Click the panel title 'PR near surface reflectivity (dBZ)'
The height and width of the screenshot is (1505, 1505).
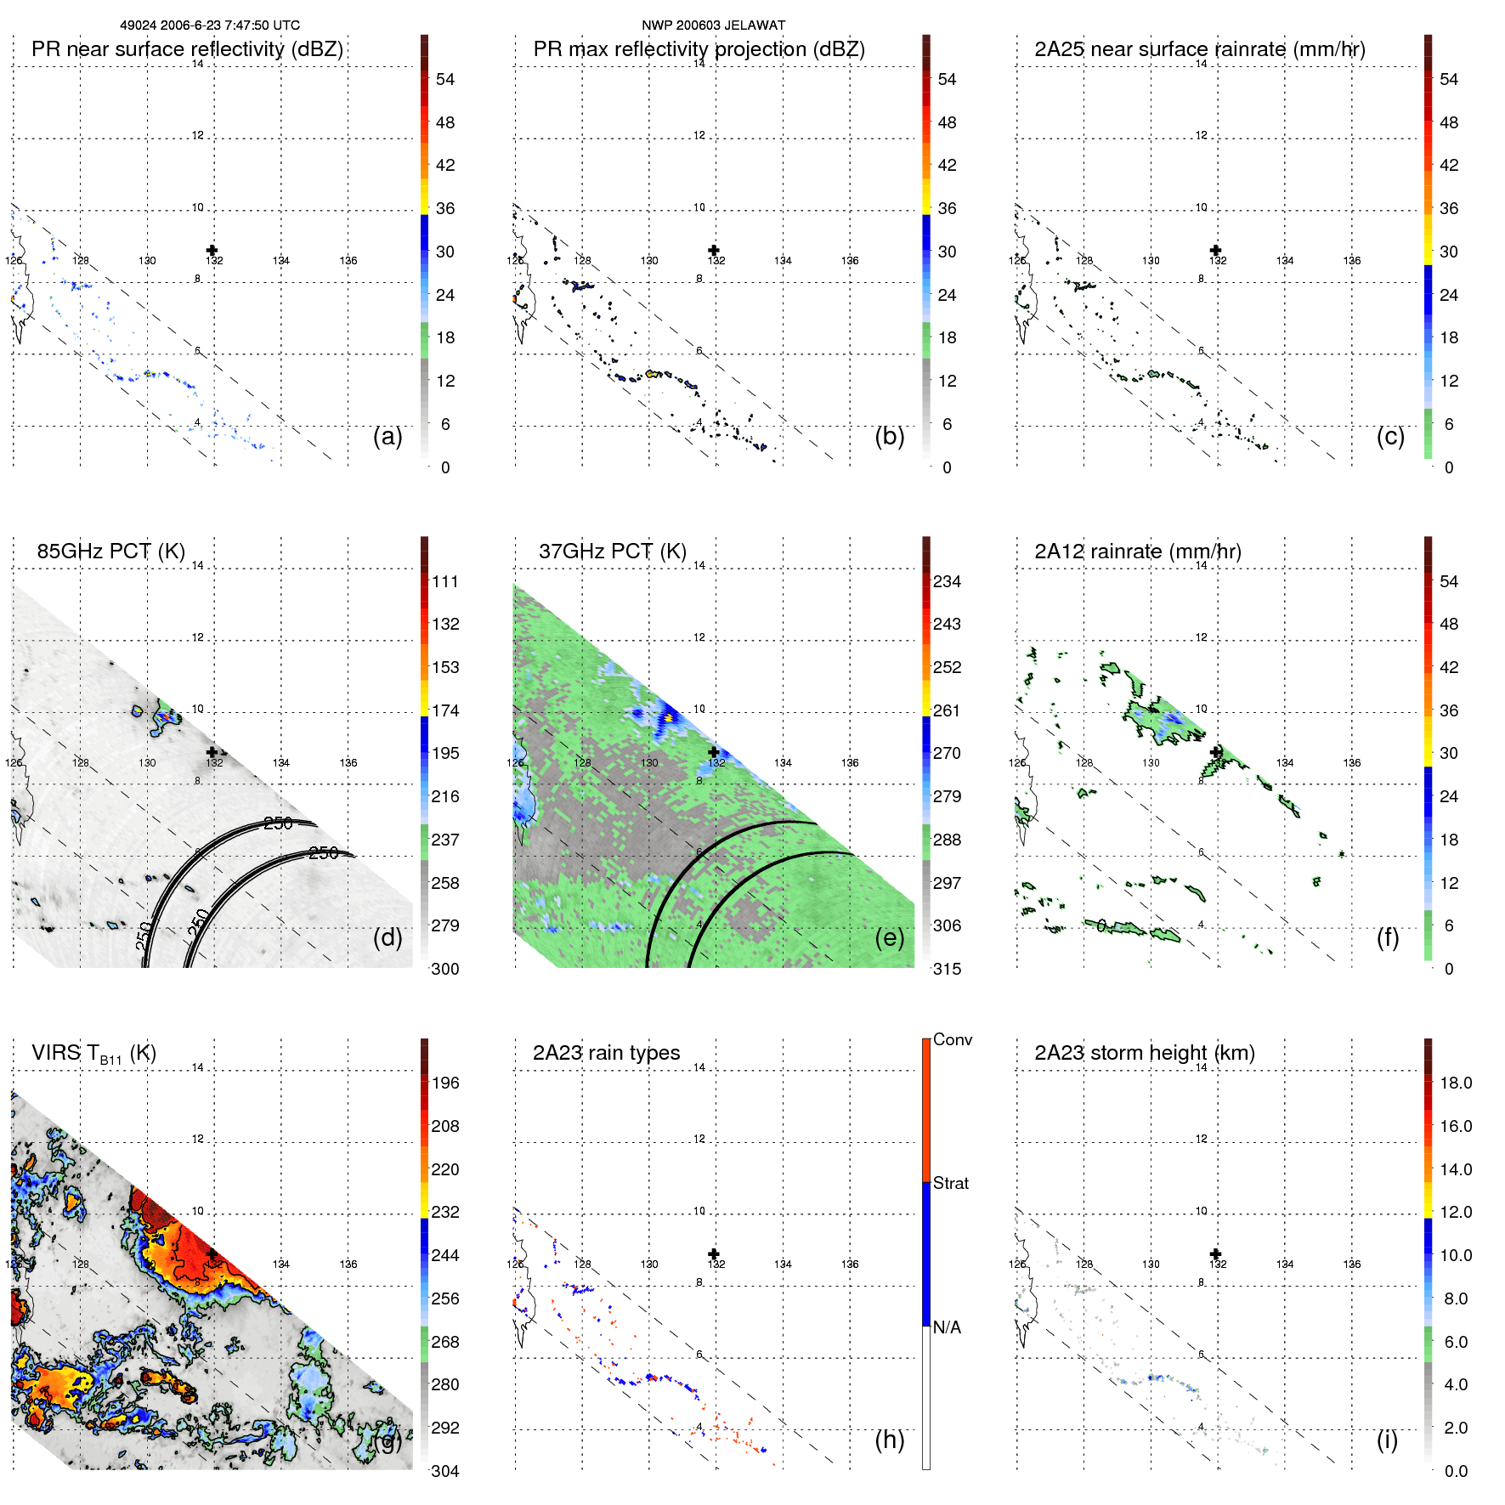pos(187,49)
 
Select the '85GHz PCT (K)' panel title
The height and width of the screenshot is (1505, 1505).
pos(110,552)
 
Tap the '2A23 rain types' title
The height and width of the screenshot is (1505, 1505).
pos(606,1053)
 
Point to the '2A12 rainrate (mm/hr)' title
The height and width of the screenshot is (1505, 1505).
pos(1137,552)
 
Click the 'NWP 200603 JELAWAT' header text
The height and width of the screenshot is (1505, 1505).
pos(713,25)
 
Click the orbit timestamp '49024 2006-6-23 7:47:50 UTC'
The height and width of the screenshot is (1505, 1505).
pos(209,25)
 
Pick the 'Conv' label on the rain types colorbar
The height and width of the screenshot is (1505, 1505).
pos(952,1039)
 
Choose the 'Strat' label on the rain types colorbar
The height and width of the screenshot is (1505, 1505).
pos(950,1183)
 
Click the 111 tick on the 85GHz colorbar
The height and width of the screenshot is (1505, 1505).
pos(444,581)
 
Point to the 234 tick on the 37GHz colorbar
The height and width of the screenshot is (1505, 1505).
pos(947,581)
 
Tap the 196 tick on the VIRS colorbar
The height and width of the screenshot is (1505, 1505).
pos(444,1083)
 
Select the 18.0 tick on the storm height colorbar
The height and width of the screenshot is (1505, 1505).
pos(1455,1083)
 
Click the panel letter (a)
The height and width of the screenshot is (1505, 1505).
pos(388,436)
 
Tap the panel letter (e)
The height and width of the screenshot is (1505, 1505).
pos(889,937)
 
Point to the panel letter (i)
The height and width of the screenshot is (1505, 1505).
pos(1387,1440)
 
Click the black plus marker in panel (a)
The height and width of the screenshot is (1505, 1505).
pos(212,251)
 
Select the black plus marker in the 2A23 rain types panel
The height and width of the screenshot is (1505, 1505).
pos(714,1254)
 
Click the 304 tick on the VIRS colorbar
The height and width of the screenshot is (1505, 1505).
pos(444,1471)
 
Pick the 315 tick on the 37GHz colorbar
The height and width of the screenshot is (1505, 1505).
pos(947,969)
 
